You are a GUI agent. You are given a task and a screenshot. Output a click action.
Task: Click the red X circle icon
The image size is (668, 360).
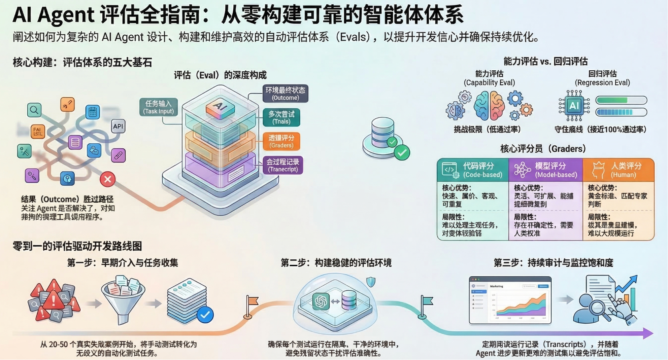click(x=108, y=179)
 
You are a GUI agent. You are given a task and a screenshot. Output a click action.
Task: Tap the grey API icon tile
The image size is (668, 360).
click(x=118, y=127)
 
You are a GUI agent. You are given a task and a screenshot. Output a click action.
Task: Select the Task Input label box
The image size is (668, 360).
click(x=159, y=107)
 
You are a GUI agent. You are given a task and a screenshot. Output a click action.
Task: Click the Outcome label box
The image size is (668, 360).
click(x=285, y=94)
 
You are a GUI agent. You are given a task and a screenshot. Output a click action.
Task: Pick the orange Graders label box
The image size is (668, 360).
click(x=281, y=141)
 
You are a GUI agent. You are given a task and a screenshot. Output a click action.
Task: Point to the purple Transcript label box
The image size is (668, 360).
click(x=282, y=165)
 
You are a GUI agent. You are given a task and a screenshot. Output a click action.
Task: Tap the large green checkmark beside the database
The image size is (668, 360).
click(x=402, y=153)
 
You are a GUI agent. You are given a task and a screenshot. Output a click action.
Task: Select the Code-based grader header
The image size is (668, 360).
click(x=473, y=170)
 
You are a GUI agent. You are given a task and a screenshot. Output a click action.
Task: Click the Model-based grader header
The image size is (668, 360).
click(x=545, y=170)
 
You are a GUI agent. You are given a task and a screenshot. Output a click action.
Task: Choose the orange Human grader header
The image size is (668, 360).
click(x=619, y=170)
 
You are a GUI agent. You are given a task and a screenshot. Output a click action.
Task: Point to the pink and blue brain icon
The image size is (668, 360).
click(x=489, y=106)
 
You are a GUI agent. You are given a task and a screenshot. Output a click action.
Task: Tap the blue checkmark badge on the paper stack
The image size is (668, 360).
click(x=205, y=315)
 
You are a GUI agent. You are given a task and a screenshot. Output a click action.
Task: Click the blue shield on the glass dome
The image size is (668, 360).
click(x=371, y=281)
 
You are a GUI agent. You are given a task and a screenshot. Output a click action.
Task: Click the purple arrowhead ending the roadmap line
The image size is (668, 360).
click(x=648, y=333)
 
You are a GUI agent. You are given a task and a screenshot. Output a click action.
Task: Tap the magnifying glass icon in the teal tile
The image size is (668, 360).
click(x=34, y=110)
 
